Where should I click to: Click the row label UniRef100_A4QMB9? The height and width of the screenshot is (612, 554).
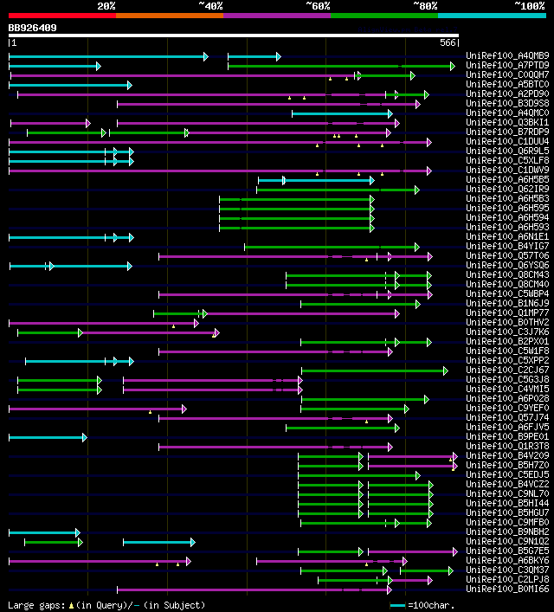(507, 56)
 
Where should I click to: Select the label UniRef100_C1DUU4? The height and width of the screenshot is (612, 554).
(507, 141)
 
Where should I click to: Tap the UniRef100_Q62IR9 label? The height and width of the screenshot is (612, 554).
(507, 189)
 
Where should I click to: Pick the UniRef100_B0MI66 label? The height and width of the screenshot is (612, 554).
(507, 589)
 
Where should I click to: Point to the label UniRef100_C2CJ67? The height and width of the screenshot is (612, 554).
(507, 370)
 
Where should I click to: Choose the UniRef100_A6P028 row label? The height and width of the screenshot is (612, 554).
(507, 398)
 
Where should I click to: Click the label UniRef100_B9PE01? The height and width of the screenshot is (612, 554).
(507, 436)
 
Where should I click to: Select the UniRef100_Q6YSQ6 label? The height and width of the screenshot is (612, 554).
(507, 265)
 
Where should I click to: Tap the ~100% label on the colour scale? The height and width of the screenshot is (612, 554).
(529, 5)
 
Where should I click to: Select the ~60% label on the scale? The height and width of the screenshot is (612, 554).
(318, 5)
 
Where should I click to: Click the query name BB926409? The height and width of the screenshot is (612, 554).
(33, 28)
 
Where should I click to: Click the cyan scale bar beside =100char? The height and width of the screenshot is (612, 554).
(398, 605)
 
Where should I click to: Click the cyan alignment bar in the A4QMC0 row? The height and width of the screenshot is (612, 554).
(341, 113)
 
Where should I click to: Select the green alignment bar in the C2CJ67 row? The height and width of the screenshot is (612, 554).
(373, 370)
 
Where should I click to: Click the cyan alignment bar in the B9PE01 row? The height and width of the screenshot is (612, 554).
(47, 437)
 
